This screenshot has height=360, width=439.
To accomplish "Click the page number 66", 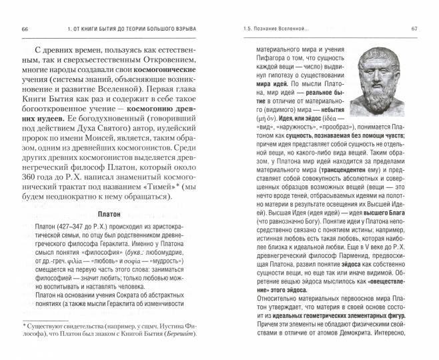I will point(25,29).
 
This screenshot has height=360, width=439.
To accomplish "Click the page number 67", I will point(414,29).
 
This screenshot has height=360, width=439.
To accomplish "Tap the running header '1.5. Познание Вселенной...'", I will point(274,29).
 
